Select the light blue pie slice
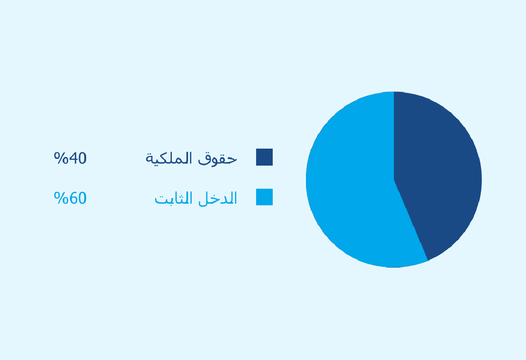[x=352, y=183]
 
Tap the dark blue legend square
[x=264, y=157]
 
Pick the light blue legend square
[x=264, y=197]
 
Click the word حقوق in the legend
[x=218, y=159]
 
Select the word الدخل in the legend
[x=218, y=198]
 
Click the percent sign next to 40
[x=61, y=158]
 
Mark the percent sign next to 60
[x=61, y=198]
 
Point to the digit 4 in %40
[x=73, y=158]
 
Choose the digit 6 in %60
[x=73, y=198]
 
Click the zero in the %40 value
[x=82, y=158]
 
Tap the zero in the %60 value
[x=82, y=198]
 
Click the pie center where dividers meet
[x=394, y=180]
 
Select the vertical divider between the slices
[x=394, y=136]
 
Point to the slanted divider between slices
[x=411, y=220]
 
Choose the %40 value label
[x=70, y=158]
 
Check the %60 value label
[x=70, y=198]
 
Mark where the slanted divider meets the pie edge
[x=428, y=260]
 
